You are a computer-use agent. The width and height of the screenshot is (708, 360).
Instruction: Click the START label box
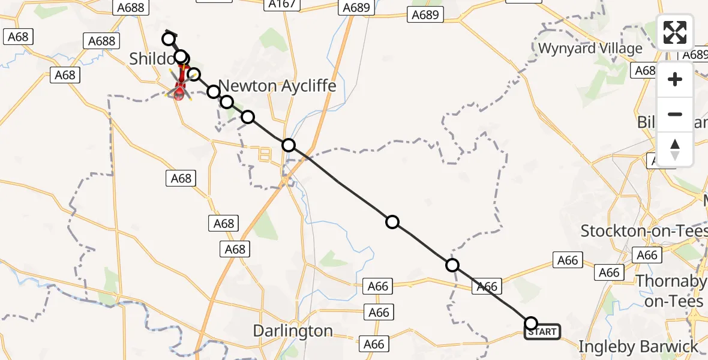click(x=542, y=332)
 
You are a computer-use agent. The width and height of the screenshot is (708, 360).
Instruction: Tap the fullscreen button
click(x=675, y=32)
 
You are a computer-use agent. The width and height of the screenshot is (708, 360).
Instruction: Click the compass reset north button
click(x=675, y=149)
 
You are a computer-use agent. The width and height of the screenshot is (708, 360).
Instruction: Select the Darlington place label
click(x=293, y=331)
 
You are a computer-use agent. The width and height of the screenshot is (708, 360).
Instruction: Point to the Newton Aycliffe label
click(x=277, y=86)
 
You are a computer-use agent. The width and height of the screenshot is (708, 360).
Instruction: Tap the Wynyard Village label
click(x=590, y=49)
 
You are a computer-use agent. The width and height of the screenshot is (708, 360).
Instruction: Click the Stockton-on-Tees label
click(x=644, y=230)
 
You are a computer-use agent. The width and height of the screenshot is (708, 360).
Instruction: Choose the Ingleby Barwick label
click(x=638, y=346)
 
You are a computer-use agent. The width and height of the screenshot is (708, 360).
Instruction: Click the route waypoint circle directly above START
click(x=531, y=323)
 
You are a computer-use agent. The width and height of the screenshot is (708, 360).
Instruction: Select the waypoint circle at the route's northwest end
click(x=169, y=40)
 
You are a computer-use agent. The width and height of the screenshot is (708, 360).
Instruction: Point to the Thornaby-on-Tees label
click(x=671, y=290)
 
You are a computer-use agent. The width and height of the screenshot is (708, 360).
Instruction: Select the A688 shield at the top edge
click(x=128, y=7)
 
